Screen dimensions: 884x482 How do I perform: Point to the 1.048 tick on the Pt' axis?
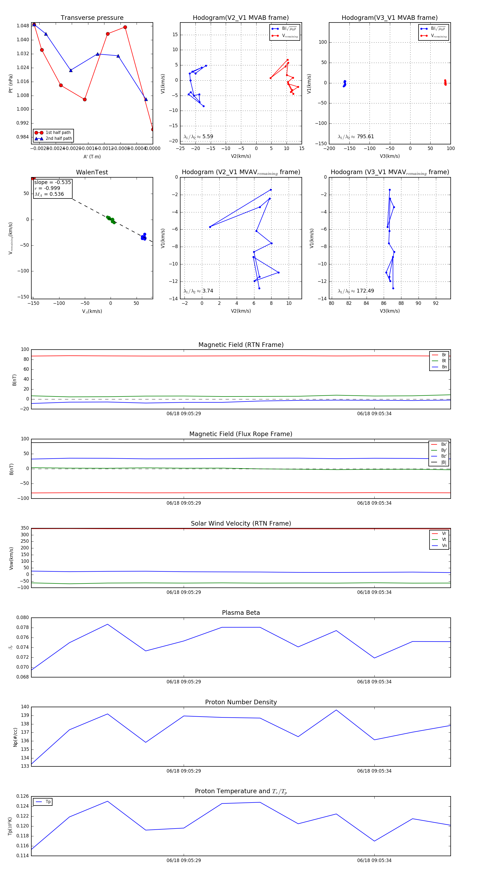coord(23,26)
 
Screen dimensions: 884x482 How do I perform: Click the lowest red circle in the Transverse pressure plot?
coord(153,129)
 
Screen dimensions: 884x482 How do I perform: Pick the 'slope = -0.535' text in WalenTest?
coord(52,182)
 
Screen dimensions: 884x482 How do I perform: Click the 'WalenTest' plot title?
coord(92,172)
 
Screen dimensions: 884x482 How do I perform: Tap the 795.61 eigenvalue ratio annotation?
coord(365,137)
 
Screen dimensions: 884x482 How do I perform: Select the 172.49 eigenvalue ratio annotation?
coord(365,291)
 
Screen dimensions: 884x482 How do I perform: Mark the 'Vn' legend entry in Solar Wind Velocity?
coord(444,546)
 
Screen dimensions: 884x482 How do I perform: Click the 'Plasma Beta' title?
coord(241,613)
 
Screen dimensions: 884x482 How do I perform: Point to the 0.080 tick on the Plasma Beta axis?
coord(23,617)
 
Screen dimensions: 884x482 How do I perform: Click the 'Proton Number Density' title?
coord(241,702)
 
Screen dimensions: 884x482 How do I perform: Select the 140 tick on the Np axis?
coord(25,707)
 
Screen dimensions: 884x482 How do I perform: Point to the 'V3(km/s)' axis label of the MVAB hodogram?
coord(389,156)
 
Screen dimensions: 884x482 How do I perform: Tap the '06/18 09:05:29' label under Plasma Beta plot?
coord(183,681)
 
